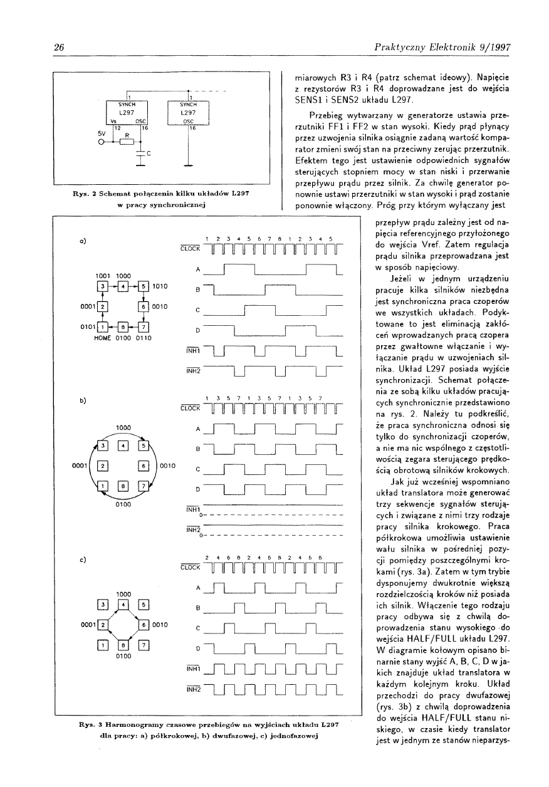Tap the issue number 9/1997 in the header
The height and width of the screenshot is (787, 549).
pyautogui.click(x=477, y=46)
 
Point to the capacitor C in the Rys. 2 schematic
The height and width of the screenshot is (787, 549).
pyautogui.click(x=145, y=154)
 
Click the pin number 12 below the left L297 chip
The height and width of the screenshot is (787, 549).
pyautogui.click(x=116, y=127)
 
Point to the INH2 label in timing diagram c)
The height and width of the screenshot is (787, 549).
pyautogui.click(x=192, y=689)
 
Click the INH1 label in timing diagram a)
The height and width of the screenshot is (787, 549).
pyautogui.click(x=192, y=350)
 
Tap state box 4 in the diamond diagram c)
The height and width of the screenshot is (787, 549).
pyautogui.click(x=123, y=604)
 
